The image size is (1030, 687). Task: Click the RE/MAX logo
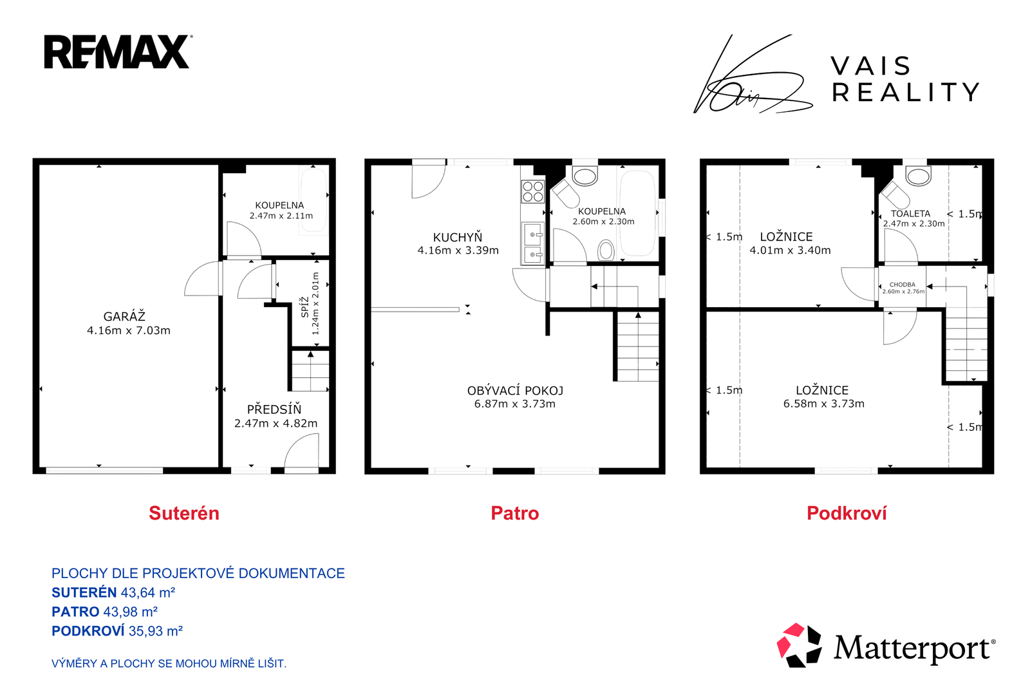click(x=118, y=52)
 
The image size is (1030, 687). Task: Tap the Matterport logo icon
click(x=799, y=645)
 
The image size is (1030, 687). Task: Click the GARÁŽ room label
click(x=124, y=316)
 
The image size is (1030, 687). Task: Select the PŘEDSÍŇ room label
click(x=274, y=409)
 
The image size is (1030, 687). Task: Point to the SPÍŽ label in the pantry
click(x=304, y=307)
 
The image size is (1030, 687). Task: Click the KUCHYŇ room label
click(x=458, y=238)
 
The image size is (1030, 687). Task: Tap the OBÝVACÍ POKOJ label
click(x=515, y=390)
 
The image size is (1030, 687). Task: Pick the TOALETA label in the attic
click(x=910, y=213)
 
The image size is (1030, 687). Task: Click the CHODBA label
click(x=902, y=285)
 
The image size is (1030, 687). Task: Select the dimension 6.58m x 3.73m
click(x=823, y=403)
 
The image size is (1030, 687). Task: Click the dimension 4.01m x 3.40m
click(x=790, y=250)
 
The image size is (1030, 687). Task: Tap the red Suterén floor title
click(x=184, y=513)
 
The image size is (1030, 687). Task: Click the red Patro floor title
click(x=514, y=513)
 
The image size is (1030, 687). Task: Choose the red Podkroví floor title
click(x=847, y=513)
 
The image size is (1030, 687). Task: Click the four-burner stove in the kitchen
click(x=533, y=191)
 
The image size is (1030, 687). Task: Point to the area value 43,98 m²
click(x=131, y=612)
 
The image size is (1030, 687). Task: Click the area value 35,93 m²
click(x=156, y=631)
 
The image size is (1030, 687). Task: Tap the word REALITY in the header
click(x=905, y=92)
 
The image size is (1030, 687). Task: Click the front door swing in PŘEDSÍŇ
click(x=302, y=453)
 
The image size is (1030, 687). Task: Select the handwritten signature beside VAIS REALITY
click(x=753, y=74)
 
